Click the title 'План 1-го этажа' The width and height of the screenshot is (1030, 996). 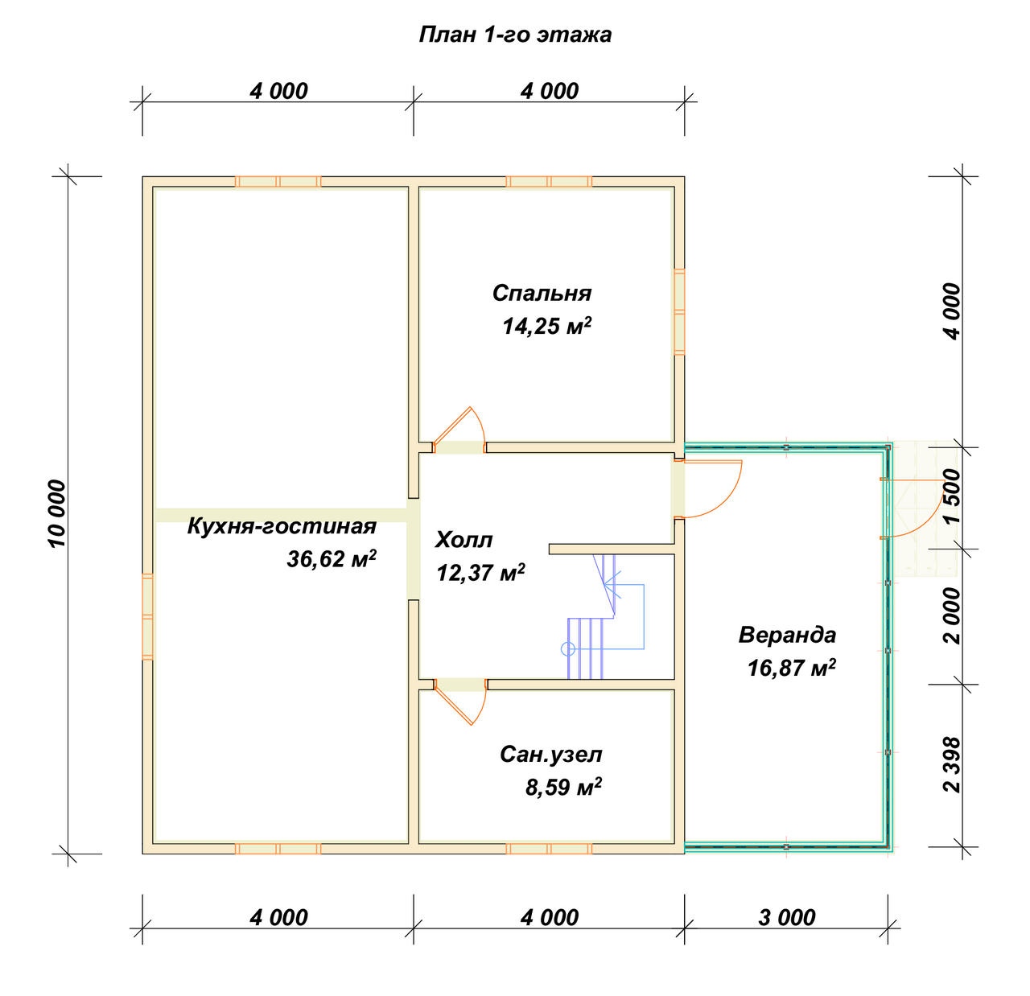pyautogui.click(x=515, y=35)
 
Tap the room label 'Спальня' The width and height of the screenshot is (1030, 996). pyautogui.click(x=542, y=293)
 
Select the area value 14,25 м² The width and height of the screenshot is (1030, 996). pyautogui.click(x=546, y=326)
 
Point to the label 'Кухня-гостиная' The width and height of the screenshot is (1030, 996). pyautogui.click(x=282, y=527)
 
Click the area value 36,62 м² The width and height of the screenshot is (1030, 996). pyautogui.click(x=332, y=558)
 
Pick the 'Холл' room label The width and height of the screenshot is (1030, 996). pyautogui.click(x=463, y=540)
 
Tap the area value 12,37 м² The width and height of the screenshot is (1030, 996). pyautogui.click(x=480, y=572)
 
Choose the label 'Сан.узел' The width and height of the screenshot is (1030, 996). pyautogui.click(x=550, y=755)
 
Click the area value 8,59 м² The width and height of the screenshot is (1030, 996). pyautogui.click(x=563, y=787)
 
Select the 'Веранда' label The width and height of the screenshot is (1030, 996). pyautogui.click(x=787, y=635)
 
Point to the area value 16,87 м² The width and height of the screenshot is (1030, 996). pyautogui.click(x=791, y=668)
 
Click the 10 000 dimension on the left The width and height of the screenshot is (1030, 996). pyautogui.click(x=57, y=513)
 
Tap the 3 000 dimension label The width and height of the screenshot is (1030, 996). pyautogui.click(x=786, y=916)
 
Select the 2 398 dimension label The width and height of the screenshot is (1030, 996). pyautogui.click(x=952, y=764)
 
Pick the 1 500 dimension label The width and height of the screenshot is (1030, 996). pyautogui.click(x=952, y=496)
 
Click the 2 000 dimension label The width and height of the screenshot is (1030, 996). pyautogui.click(x=952, y=615)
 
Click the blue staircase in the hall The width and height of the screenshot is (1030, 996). pyautogui.click(x=604, y=616)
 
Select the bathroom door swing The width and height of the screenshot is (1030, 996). pyautogui.click(x=459, y=702)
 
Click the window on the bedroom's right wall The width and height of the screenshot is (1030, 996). pyautogui.click(x=679, y=311)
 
